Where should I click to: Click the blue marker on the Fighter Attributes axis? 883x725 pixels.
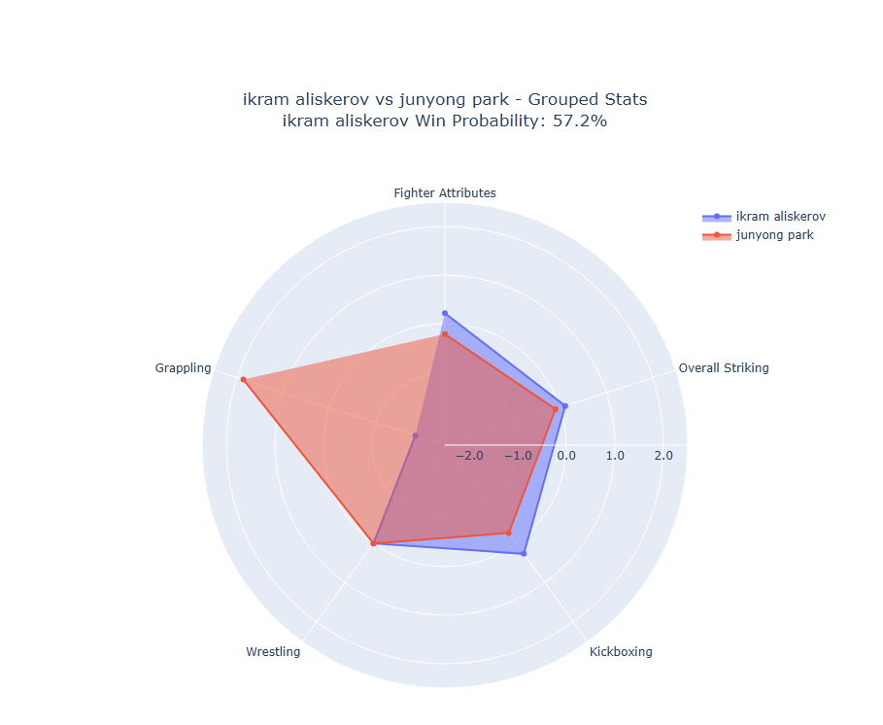tap(445, 313)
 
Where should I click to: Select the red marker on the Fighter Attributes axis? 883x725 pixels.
tap(445, 334)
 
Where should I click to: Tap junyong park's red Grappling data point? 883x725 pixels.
tap(243, 379)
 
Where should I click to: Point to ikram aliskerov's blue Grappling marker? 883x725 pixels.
tap(415, 435)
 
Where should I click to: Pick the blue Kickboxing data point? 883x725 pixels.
tap(524, 554)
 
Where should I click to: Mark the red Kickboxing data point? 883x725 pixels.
tap(508, 533)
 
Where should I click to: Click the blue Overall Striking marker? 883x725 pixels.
tap(564, 405)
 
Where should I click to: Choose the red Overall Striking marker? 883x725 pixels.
tap(556, 409)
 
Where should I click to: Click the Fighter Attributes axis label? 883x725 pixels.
tap(445, 193)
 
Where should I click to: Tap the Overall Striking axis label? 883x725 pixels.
tap(724, 368)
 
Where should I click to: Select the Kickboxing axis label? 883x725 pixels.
tap(621, 652)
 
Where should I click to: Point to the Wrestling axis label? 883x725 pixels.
tap(273, 652)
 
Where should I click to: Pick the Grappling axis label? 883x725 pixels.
tap(183, 368)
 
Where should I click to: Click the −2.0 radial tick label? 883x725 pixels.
tap(469, 456)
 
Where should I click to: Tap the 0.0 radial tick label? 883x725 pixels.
tap(566, 456)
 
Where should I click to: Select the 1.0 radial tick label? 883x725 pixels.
tap(615, 456)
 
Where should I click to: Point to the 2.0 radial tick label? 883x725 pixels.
tap(662, 456)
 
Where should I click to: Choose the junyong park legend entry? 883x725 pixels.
tap(774, 235)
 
